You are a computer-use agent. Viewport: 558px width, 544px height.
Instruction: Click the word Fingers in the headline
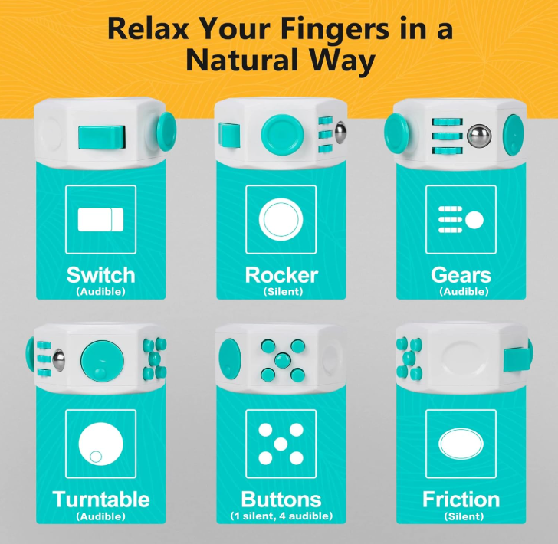click(x=336, y=30)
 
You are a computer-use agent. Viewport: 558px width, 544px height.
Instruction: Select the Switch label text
click(x=100, y=275)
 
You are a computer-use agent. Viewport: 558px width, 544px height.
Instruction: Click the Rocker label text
click(x=281, y=275)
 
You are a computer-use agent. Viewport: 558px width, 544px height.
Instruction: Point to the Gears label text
click(x=461, y=275)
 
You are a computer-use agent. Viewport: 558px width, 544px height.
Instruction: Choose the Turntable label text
click(x=100, y=499)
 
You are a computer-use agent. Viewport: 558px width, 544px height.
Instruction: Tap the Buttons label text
click(x=281, y=499)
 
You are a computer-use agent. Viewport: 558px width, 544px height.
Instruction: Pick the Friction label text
click(x=461, y=499)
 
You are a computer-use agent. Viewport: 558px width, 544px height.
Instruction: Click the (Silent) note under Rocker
click(x=283, y=292)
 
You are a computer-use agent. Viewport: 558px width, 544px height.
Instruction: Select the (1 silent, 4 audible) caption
click(x=281, y=516)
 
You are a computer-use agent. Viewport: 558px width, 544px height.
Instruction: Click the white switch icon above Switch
click(x=100, y=220)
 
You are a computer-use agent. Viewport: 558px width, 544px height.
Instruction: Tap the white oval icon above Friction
click(x=461, y=444)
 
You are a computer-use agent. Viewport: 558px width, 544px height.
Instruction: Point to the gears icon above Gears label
click(x=461, y=220)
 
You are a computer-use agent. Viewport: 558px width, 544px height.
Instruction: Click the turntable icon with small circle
click(x=100, y=444)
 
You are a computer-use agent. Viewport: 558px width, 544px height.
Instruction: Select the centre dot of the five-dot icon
click(x=281, y=444)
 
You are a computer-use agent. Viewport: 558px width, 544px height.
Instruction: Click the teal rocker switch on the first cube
click(x=102, y=137)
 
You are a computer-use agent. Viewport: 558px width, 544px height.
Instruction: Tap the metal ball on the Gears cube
click(x=479, y=136)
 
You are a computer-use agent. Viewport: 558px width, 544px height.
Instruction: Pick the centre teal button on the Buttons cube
click(x=283, y=360)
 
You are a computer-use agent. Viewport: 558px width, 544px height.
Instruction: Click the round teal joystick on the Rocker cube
click(x=282, y=135)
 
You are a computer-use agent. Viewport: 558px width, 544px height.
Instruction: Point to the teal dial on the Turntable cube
click(x=102, y=361)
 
